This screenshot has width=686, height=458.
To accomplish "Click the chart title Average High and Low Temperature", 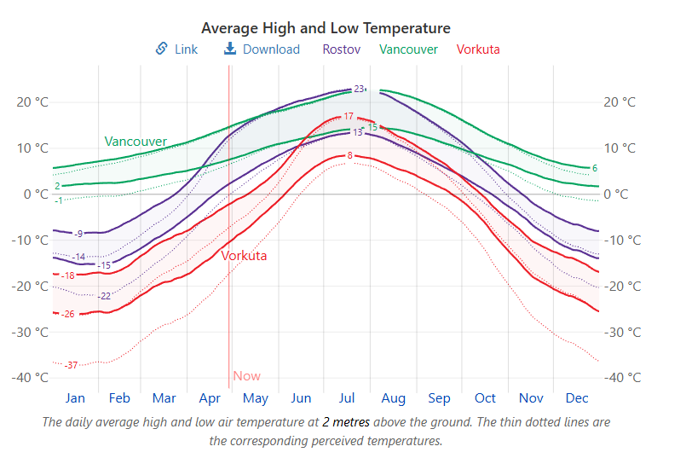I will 326,29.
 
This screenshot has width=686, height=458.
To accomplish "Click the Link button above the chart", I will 176,49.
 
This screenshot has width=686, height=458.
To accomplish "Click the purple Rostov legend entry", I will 341,49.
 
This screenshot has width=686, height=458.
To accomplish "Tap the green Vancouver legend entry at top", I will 408,49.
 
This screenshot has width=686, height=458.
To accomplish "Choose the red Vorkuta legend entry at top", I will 478,49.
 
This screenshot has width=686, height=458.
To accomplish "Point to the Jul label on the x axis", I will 347,398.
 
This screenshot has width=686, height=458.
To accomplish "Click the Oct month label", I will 485,398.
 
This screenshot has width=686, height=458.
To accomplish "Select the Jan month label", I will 75,398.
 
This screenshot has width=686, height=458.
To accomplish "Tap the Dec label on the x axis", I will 577,398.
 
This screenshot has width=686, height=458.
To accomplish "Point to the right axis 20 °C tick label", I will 620,102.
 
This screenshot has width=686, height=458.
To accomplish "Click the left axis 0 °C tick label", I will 34,194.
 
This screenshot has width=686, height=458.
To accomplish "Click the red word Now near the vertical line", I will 246,376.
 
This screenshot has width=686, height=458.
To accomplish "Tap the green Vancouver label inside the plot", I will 135,142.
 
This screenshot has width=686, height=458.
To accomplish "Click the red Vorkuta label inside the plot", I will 244,256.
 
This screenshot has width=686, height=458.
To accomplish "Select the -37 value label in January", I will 72,366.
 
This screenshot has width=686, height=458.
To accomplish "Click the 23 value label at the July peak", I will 359,89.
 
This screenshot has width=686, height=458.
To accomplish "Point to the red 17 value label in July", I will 349,116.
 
